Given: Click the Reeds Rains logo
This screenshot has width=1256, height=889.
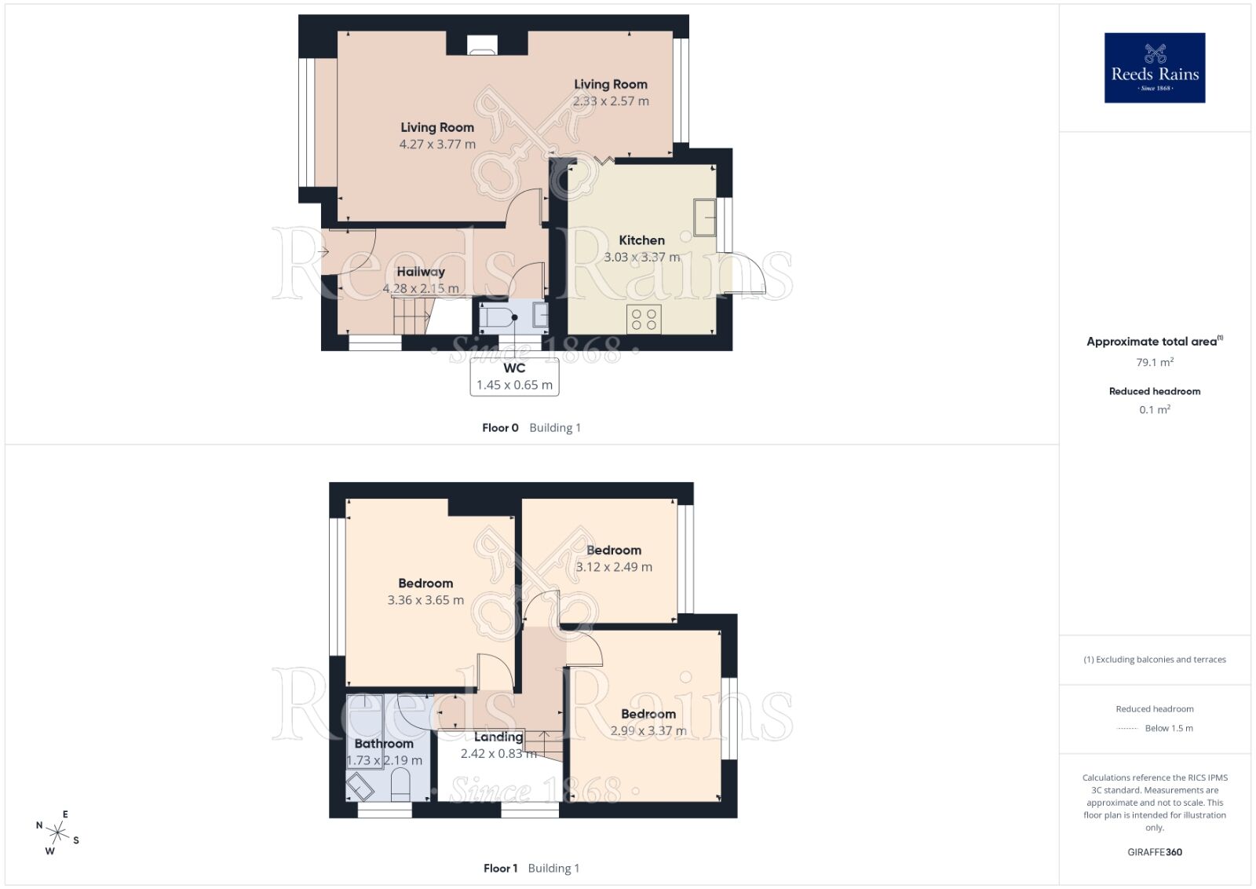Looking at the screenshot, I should tap(1154, 68).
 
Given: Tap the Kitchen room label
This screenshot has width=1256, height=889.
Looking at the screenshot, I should tap(641, 240).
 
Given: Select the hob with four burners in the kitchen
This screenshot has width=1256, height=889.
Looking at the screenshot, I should tap(644, 319).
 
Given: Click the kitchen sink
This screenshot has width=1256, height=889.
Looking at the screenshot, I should tap(704, 218).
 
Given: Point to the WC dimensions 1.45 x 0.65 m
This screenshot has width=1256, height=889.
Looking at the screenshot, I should tap(514, 386).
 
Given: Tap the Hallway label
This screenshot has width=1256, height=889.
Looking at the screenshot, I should tap(421, 272).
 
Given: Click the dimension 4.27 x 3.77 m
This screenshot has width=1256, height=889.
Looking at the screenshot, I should tap(437, 145).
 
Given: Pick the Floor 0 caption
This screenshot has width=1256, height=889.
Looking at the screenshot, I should tap(500, 428).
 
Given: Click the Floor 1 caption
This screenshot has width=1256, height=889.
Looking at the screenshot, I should tap(500, 869).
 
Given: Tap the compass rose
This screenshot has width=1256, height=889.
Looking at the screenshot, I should tap(57, 832).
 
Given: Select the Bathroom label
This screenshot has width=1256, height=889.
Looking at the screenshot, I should tap(384, 744).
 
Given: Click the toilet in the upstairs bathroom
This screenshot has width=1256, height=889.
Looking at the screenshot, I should tap(400, 784).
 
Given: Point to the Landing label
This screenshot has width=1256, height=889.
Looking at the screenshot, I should tap(498, 737).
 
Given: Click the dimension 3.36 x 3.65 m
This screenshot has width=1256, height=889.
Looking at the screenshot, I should tap(425, 601).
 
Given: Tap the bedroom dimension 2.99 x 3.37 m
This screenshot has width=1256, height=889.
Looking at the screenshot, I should tap(648, 731).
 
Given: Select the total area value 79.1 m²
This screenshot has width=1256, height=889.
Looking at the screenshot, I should tap(1155, 363).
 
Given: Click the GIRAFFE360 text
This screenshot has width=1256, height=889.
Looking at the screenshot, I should tap(1155, 852).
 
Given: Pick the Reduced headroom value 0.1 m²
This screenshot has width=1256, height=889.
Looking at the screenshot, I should tap(1155, 410).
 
